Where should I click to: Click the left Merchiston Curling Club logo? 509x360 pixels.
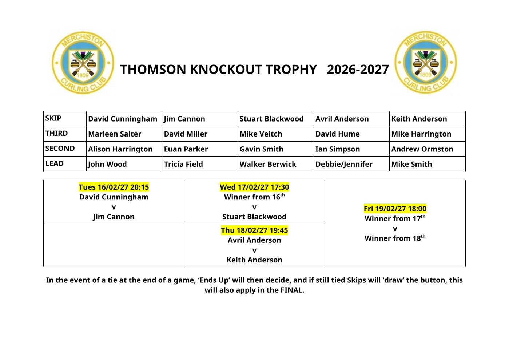click(x=83, y=63)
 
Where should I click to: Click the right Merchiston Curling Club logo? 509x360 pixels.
click(x=426, y=62)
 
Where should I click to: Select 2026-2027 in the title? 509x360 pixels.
click(x=358, y=69)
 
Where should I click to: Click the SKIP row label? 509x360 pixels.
click(x=53, y=118)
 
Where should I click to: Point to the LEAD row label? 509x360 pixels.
click(x=54, y=163)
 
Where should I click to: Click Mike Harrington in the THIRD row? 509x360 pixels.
click(x=421, y=134)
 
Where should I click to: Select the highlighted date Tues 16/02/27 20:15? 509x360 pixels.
click(x=114, y=187)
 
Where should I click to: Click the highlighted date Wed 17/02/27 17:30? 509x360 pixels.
click(x=255, y=187)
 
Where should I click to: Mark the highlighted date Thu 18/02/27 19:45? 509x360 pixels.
click(x=255, y=230)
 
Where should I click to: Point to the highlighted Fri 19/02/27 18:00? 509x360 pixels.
click(x=395, y=209)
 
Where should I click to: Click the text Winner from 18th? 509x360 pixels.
click(x=395, y=238)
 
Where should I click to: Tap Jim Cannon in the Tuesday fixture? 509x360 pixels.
click(x=114, y=217)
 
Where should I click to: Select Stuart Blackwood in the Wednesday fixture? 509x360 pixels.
click(x=254, y=217)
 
